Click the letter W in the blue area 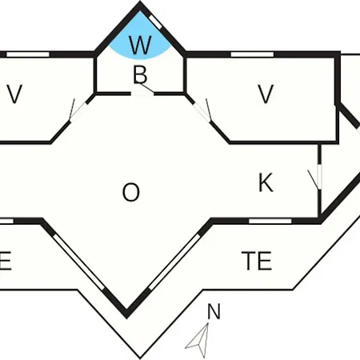pyautogui.click(x=140, y=45)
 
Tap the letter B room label pyautogui.click(x=140, y=74)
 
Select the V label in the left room pyautogui.click(x=14, y=94)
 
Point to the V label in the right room pyautogui.click(x=266, y=94)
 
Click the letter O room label pyautogui.click(x=131, y=192)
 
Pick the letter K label pyautogui.click(x=266, y=182)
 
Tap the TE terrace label pyautogui.click(x=257, y=261)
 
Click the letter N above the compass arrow pyautogui.click(x=214, y=311)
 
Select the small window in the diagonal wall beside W pyautogui.click(x=155, y=22)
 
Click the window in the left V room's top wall pyautogui.click(x=28, y=54)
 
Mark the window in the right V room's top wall pyautogui.click(x=252, y=54)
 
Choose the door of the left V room pyautogui.click(x=78, y=112)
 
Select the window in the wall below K pyautogui.click(x=270, y=221)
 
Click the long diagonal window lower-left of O pyautogui.click(x=78, y=262)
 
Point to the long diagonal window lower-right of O pyautogui.click(x=175, y=262)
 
